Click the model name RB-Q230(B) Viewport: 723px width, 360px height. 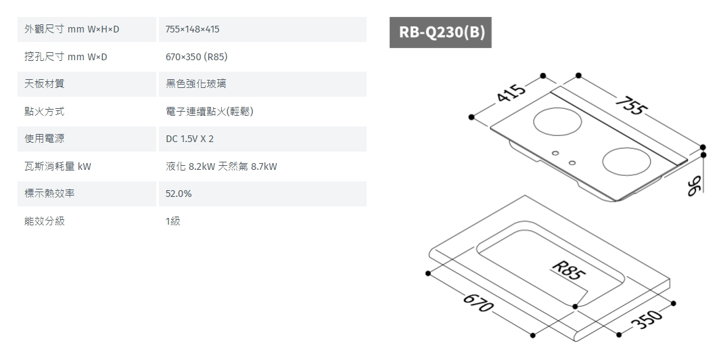(x=440, y=32)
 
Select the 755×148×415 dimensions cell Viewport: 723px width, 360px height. (x=193, y=30)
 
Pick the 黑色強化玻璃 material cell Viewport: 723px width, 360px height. (x=196, y=84)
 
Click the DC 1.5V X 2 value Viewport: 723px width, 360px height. (x=189, y=139)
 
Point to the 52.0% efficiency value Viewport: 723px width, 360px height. (x=179, y=194)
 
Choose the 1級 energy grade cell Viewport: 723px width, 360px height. (x=173, y=221)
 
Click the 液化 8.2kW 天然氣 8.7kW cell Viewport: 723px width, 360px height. (x=221, y=166)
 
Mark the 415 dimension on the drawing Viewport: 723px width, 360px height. (x=511, y=93)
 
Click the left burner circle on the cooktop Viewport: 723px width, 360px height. (x=558, y=122)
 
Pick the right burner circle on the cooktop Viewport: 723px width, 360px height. (x=626, y=162)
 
